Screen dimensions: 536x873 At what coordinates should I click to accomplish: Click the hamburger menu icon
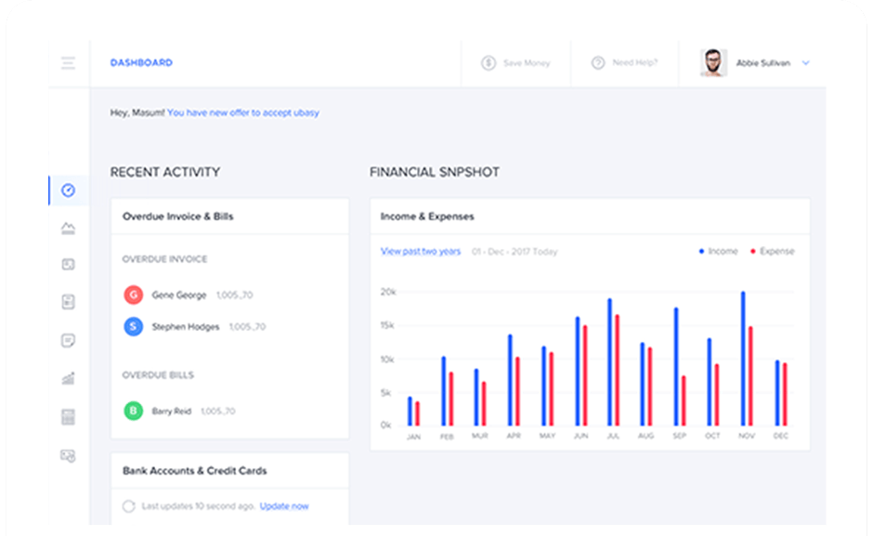68,63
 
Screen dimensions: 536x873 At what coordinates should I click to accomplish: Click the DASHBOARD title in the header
141,63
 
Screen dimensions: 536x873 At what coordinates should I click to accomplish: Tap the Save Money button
515,63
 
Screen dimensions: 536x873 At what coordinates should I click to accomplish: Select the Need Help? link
625,63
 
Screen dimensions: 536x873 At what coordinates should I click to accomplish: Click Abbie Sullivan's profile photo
713,63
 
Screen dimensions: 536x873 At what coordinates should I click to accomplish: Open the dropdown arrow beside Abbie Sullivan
805,63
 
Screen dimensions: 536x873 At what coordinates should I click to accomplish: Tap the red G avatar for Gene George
133,295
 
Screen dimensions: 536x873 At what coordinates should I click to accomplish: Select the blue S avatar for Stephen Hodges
133,326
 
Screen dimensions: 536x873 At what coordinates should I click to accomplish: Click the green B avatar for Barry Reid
133,411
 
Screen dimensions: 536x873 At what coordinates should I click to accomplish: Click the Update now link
284,506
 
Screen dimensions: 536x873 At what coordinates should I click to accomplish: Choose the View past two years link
421,252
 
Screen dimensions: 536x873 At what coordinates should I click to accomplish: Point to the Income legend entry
719,252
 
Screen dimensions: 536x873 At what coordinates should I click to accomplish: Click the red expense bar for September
684,400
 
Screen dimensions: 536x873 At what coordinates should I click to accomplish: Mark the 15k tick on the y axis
387,325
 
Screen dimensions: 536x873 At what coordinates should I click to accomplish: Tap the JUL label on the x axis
613,436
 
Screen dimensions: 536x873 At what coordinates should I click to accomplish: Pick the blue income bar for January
410,412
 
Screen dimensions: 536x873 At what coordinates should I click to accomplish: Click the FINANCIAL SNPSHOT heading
434,172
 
